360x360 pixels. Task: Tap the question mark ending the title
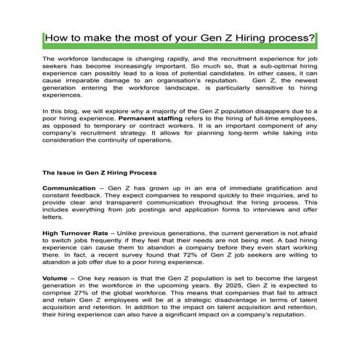pyautogui.click(x=313, y=38)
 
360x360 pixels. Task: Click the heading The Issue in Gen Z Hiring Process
pyautogui.click(x=100, y=173)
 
